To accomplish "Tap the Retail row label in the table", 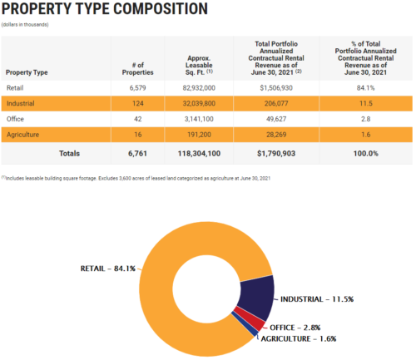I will (16, 87).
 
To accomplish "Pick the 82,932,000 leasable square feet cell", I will (199, 87).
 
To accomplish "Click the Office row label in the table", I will (16, 118).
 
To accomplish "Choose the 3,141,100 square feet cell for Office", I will (199, 118).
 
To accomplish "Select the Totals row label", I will (70, 153).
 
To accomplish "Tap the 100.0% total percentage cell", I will (363, 153).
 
